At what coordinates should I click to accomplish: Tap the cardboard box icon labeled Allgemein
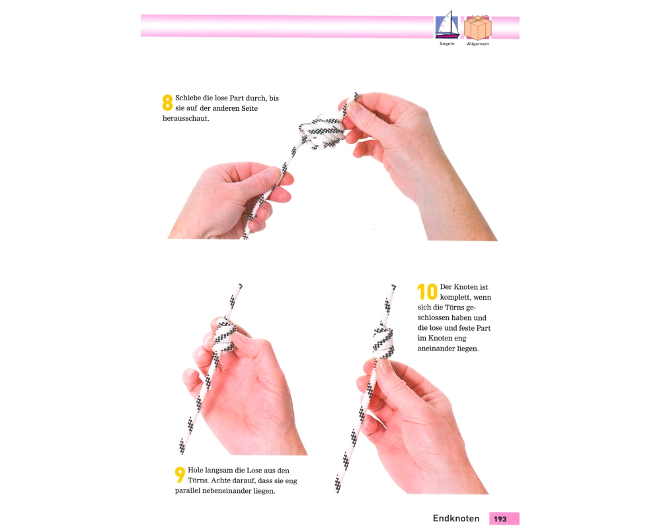tap(478, 27)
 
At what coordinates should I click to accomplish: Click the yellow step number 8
tap(167, 102)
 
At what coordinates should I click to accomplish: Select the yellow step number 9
tap(180, 475)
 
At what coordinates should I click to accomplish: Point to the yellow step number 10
tap(427, 291)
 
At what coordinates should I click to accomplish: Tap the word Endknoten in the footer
tap(456, 518)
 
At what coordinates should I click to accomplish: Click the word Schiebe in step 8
tap(188, 98)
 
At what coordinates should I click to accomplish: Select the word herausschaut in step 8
tap(186, 118)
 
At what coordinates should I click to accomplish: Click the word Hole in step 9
tap(196, 471)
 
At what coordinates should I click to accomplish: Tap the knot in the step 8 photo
tap(322, 131)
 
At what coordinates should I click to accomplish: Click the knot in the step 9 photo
tap(223, 336)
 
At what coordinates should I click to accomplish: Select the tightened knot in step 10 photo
tap(383, 340)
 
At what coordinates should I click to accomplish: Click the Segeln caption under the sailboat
tap(447, 44)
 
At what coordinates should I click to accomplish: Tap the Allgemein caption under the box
tap(478, 44)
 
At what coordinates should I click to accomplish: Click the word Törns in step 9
tap(198, 480)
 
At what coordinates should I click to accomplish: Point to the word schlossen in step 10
tap(435, 318)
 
